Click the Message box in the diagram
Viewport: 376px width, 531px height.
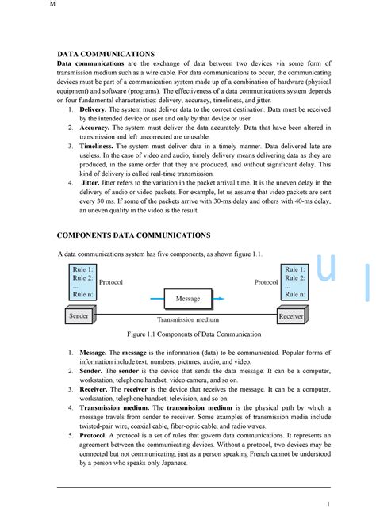[187, 299]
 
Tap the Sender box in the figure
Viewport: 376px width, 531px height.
[79, 316]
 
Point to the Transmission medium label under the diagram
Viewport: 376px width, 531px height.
[187, 319]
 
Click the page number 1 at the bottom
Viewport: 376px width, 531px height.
[328, 504]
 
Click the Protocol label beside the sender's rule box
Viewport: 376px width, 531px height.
[111, 282]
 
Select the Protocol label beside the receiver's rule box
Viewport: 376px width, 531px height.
[266, 282]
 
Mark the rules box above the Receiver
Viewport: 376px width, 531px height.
[294, 281]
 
